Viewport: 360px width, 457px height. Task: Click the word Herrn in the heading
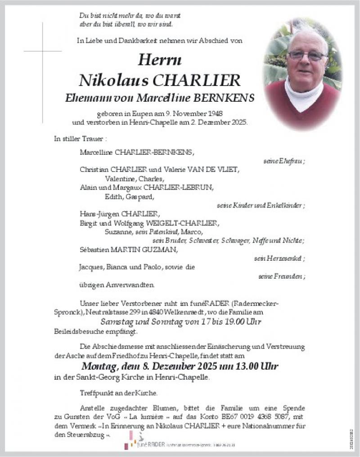(160, 59)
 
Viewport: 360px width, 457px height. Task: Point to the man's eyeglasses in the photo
(307, 55)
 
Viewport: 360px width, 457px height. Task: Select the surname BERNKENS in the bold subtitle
(228, 98)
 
